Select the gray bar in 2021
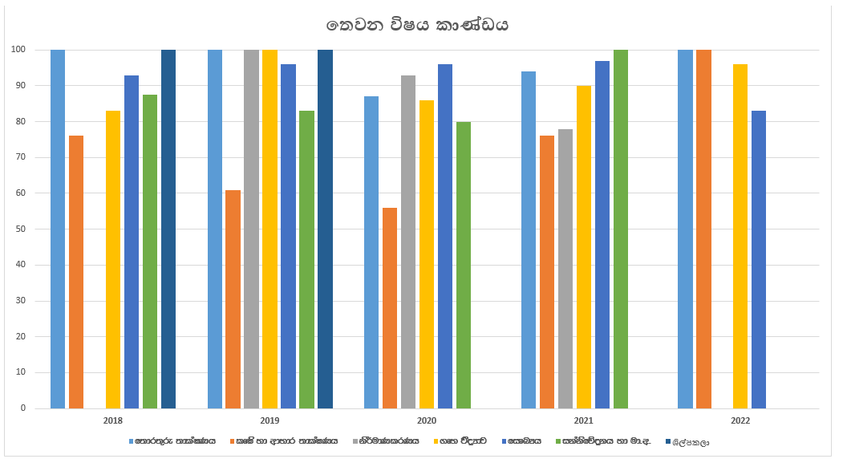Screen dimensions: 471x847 pos(565,269)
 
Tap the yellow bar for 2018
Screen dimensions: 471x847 pos(113,259)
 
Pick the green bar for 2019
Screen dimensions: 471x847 pos(306,259)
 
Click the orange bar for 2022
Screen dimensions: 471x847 pos(703,229)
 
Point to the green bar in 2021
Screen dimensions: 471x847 pos(620,229)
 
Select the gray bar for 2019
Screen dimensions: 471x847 pos(251,229)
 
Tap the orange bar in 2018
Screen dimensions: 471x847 pos(76,272)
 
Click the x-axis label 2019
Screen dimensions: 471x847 pos(269,420)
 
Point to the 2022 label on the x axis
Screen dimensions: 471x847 pos(740,420)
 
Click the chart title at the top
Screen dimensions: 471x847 pos(418,25)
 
